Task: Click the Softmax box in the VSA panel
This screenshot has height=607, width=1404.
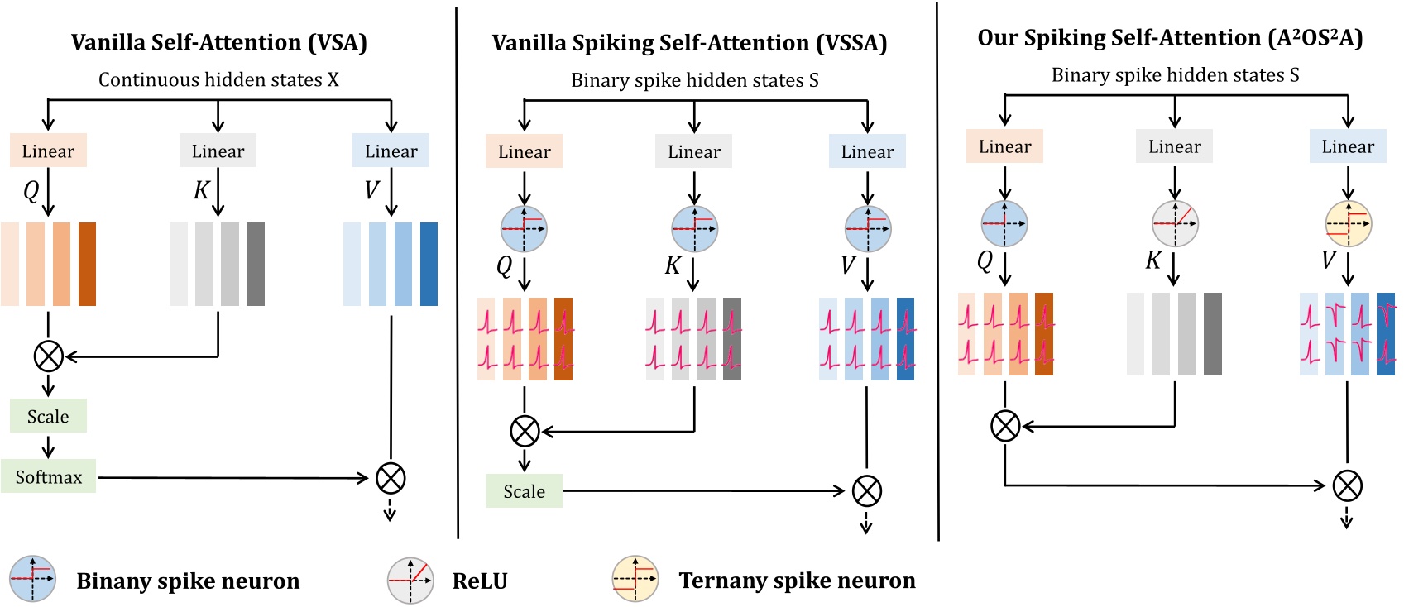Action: coord(48,476)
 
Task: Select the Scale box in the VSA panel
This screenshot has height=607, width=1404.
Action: coord(48,416)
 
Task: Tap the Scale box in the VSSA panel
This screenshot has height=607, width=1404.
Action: coord(524,491)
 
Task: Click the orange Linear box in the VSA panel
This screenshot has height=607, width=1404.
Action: coord(48,151)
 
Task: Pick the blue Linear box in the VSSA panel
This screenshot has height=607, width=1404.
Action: coord(867,151)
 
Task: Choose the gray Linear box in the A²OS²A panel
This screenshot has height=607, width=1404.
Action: coord(1174,146)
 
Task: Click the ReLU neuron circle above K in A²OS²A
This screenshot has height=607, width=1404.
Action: coord(1175,223)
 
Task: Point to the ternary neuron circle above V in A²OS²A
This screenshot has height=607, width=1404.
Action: coord(1348,223)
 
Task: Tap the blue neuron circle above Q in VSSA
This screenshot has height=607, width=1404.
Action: coord(524,228)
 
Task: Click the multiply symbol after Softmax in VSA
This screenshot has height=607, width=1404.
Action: coord(391,478)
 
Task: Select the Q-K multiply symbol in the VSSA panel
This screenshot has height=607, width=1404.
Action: coord(524,431)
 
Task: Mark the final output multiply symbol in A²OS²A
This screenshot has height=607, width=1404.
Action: coord(1347,485)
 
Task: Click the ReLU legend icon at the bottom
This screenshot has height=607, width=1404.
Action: coord(410,581)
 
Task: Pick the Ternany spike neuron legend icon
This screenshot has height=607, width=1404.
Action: coord(635,580)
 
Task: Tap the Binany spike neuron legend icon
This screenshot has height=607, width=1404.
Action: coord(32,579)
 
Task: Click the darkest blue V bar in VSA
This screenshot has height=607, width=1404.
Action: coord(429,264)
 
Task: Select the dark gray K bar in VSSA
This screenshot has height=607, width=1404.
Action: coord(732,339)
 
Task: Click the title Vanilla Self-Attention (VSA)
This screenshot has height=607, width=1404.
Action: coord(218,42)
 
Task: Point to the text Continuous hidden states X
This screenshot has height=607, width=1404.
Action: coord(218,80)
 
